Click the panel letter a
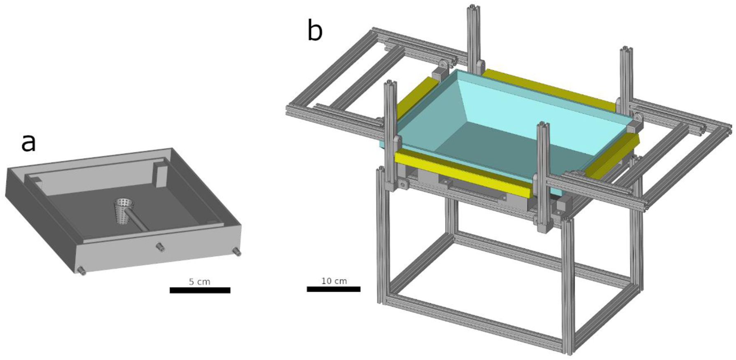tap(28, 143)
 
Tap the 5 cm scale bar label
tap(199, 282)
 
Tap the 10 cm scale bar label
tap(334, 281)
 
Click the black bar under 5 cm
tap(200, 290)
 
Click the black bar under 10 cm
tap(333, 289)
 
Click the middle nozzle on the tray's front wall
tap(159, 247)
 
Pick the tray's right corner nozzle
tap(236, 252)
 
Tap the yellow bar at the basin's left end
tap(412, 99)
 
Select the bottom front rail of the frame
tap(474, 325)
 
